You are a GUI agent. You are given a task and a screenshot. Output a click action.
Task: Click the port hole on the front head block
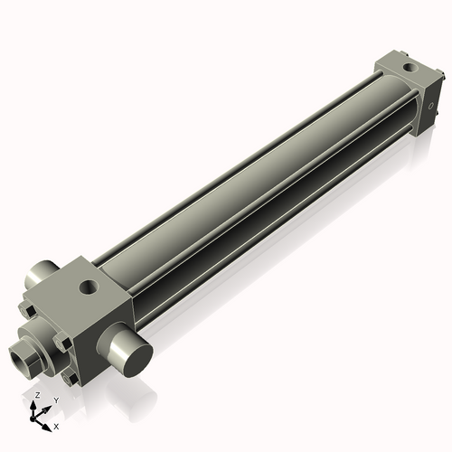click(89, 287)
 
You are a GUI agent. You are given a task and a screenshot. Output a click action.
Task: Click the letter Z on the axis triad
click(37, 396)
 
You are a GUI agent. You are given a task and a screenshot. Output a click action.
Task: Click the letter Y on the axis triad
click(56, 400)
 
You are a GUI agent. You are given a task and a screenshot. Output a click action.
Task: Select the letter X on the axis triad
click(56, 426)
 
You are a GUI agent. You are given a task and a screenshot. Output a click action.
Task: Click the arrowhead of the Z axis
click(36, 404)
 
